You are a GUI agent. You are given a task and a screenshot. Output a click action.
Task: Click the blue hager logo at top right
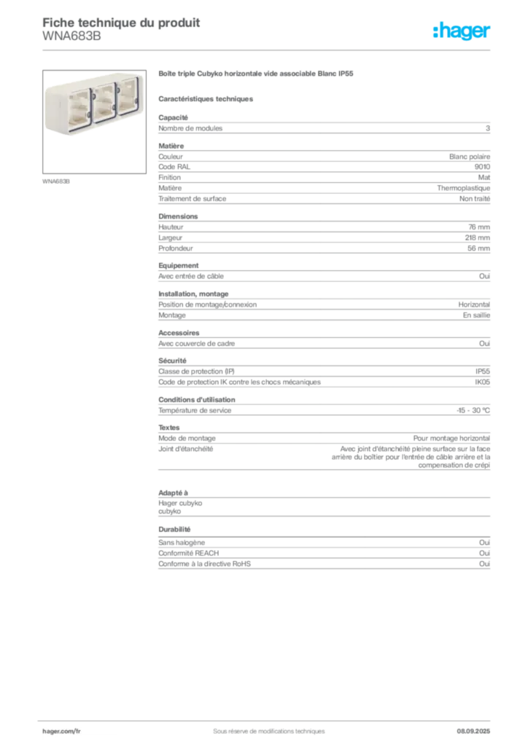coord(462,32)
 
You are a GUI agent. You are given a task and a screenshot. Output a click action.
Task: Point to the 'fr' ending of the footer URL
coord(77,729)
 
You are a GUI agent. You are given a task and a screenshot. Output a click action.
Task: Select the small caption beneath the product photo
coord(58,181)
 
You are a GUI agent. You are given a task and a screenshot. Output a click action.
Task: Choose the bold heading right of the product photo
coord(256,75)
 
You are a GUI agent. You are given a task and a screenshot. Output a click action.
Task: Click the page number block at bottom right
coord(478,727)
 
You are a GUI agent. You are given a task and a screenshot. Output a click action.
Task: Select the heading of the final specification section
coord(174,530)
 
